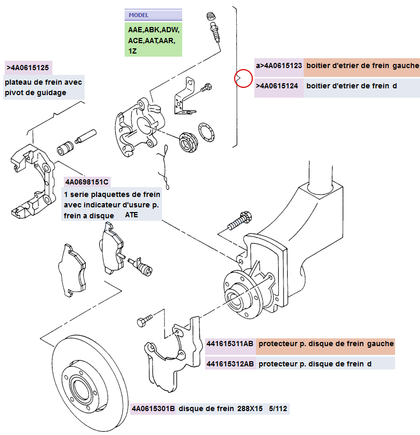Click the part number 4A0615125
click(30, 68)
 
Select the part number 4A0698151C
click(87, 182)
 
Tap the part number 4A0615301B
click(153, 408)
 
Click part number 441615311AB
click(229, 344)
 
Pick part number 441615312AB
click(229, 364)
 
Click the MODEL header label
click(139, 15)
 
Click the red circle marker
click(242, 78)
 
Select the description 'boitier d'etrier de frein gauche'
click(362, 65)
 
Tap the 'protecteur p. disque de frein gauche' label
click(325, 344)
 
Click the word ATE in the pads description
click(132, 215)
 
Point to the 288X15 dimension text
click(250, 408)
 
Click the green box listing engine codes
click(154, 39)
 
